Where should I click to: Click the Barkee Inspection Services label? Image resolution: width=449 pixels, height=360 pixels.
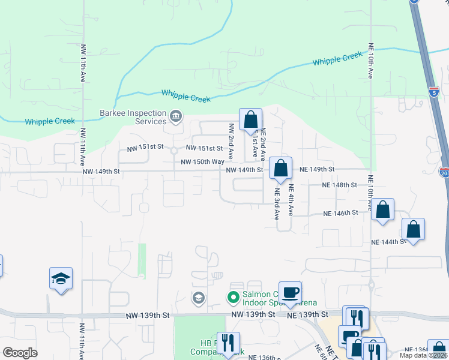click(x=133, y=117)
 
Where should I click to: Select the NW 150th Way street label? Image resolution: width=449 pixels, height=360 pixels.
click(x=203, y=162)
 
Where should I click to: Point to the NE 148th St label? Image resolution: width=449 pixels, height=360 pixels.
click(x=340, y=185)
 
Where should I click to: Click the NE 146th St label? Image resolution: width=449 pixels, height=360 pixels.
click(x=340, y=213)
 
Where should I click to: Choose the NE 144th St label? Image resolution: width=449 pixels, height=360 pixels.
click(x=388, y=242)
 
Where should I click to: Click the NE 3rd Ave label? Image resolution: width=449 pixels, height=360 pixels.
click(x=277, y=205)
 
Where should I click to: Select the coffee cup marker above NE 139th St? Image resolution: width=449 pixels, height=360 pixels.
click(x=290, y=293)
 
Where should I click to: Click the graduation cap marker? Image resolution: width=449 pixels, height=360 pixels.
click(x=61, y=278)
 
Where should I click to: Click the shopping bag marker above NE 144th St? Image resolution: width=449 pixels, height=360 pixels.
click(x=414, y=229)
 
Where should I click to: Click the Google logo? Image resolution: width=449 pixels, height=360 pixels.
click(x=20, y=353)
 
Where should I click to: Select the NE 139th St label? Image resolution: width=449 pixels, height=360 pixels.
click(x=308, y=314)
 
